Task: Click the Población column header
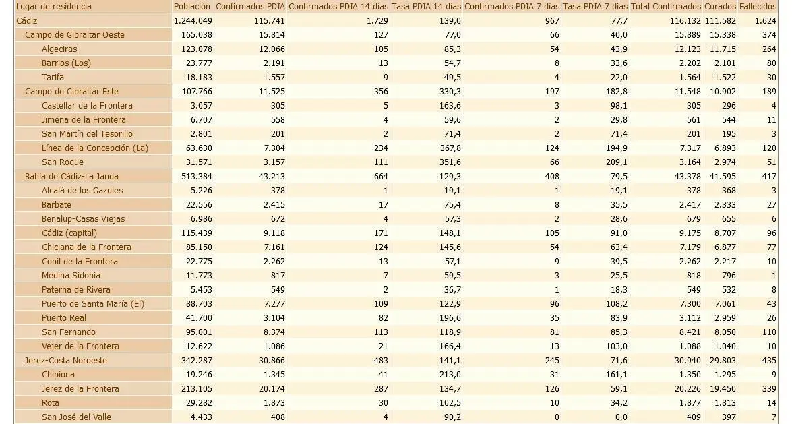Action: (192, 7)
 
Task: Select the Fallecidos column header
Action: (758, 7)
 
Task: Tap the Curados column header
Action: (721, 7)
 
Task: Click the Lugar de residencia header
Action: (54, 7)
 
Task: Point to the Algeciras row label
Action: (59, 49)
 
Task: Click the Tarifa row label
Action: (53, 78)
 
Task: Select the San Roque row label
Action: (63, 162)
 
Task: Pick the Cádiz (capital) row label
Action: (69, 233)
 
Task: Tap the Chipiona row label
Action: (58, 375)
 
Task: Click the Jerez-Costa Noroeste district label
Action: (65, 361)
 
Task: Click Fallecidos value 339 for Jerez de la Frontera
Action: (769, 389)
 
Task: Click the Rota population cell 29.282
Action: (197, 403)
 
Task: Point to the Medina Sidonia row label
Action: (71, 276)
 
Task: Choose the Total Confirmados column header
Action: (666, 7)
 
